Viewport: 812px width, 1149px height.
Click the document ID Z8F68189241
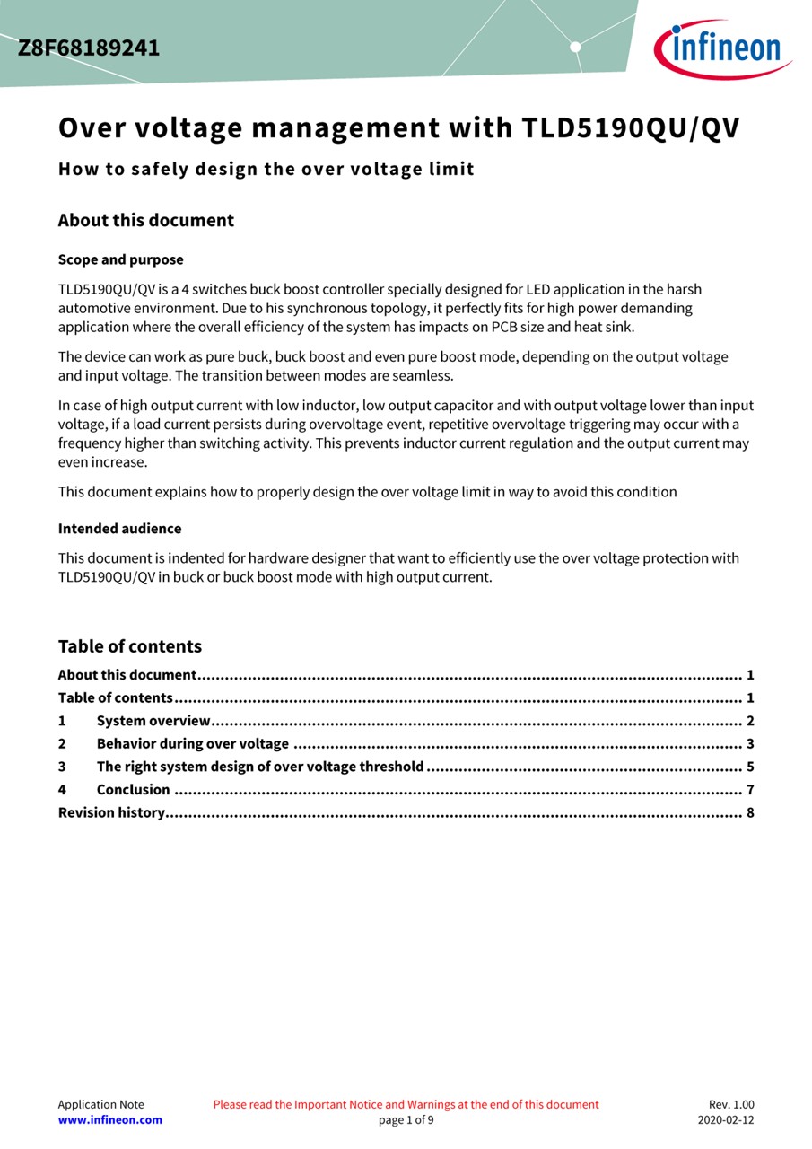click(89, 48)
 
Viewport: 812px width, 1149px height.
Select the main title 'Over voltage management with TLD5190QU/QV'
click(399, 128)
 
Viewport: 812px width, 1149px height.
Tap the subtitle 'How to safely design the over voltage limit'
click(266, 169)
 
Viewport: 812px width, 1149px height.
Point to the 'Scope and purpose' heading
click(120, 259)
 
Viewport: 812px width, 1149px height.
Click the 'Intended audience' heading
click(119, 529)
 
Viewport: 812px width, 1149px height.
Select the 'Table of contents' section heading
click(130, 646)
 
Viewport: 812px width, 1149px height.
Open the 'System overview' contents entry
click(153, 721)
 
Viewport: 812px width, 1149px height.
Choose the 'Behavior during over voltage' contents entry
click(192, 743)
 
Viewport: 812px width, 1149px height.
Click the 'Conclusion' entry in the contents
click(133, 790)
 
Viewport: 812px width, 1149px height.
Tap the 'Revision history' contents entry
click(111, 812)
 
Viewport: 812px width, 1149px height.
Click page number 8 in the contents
click(750, 812)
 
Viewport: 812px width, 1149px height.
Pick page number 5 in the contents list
click(750, 767)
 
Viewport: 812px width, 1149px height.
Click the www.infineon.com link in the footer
click(110, 1119)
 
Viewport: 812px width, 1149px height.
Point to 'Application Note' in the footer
click(100, 1104)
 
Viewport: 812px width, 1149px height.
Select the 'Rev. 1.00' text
click(731, 1104)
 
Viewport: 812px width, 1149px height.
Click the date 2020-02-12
click(726, 1119)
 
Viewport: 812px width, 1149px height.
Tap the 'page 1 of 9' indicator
click(406, 1119)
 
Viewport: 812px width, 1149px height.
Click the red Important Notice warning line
click(406, 1104)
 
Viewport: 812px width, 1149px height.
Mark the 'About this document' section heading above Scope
click(146, 221)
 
